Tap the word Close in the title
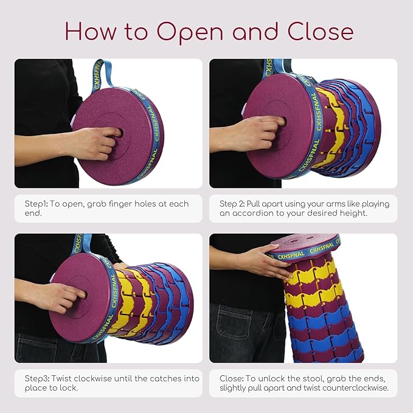tap(321, 32)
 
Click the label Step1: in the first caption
tap(36, 204)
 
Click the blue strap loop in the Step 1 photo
tap(102, 75)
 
